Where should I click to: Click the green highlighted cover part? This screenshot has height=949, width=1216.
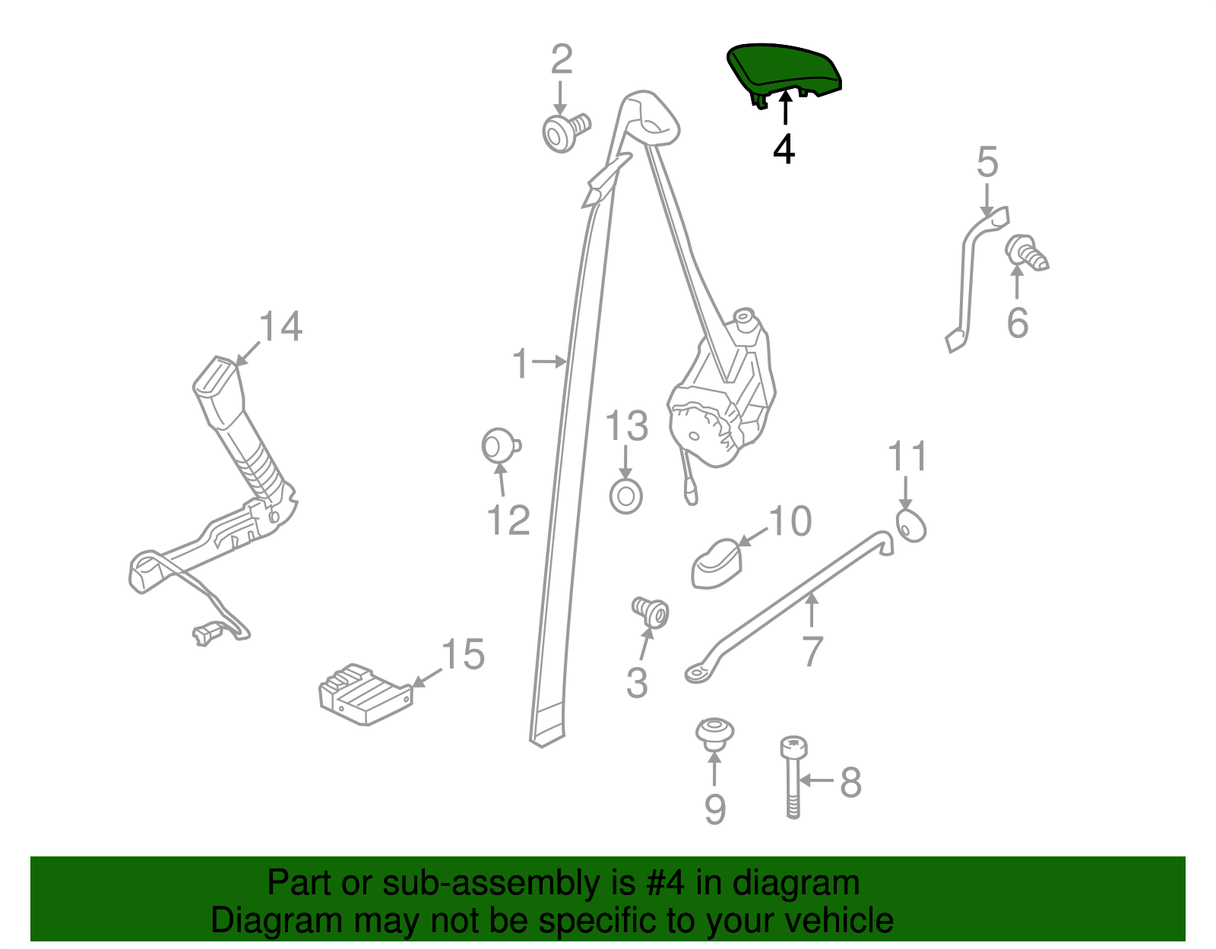tap(784, 71)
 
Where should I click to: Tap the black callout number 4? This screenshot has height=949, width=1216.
tap(784, 150)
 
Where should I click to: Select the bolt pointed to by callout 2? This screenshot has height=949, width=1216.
tap(565, 132)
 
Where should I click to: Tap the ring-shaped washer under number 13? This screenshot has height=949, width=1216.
tap(625, 496)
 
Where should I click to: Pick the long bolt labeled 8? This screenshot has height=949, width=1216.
tap(793, 777)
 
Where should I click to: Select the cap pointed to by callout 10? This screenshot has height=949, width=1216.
tap(717, 563)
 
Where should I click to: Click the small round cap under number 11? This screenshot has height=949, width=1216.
tap(911, 526)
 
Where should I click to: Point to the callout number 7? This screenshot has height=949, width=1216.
tap(812, 651)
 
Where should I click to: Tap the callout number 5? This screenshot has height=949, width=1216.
tap(987, 162)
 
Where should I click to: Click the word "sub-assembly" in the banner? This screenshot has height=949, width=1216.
tap(509, 884)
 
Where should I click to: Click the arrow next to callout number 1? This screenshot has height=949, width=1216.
tap(549, 362)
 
